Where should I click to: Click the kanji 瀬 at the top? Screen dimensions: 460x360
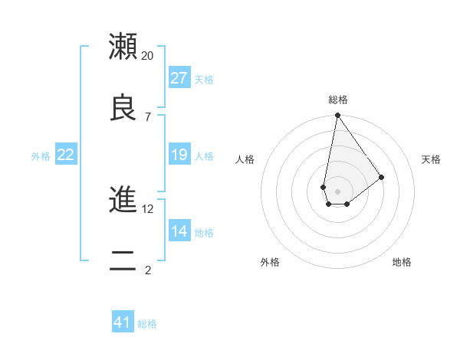click(123, 47)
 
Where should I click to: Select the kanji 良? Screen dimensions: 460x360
click(123, 107)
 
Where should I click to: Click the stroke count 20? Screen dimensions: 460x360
click(148, 56)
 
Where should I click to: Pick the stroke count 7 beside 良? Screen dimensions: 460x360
click(147, 116)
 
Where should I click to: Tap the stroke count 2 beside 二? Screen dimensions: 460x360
click(147, 270)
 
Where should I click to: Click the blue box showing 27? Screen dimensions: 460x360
click(179, 78)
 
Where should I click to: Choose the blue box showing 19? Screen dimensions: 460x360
click(179, 155)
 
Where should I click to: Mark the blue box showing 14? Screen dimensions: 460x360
click(179, 231)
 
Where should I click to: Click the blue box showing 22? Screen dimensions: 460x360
click(66, 155)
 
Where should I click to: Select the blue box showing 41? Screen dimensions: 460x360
click(123, 322)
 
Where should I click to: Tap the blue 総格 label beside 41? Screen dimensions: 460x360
click(147, 324)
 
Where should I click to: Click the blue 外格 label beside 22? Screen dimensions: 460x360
click(41, 156)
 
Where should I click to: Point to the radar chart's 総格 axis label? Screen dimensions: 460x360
click(337, 100)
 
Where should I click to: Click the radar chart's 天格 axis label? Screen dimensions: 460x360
click(431, 159)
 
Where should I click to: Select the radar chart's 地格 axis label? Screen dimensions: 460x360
click(402, 262)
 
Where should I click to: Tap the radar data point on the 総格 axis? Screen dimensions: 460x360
click(337, 116)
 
